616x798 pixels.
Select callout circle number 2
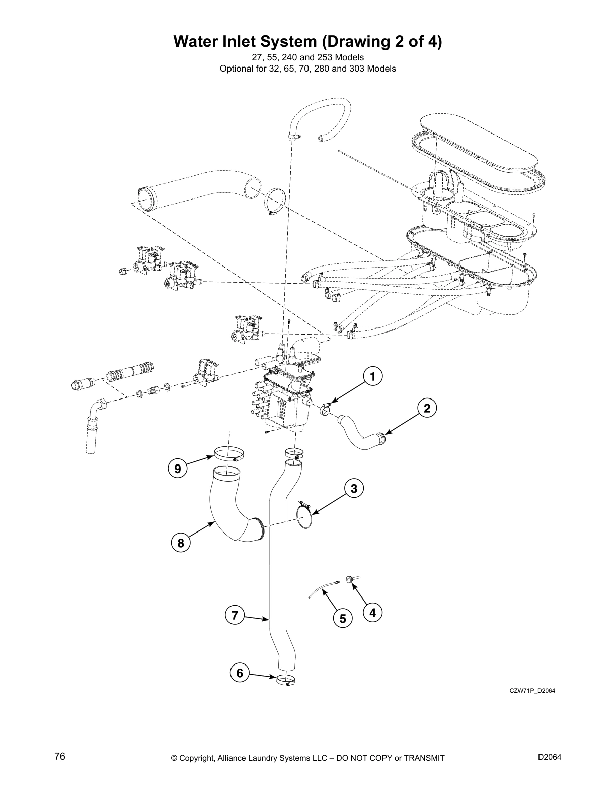[427, 408]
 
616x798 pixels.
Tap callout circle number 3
[354, 488]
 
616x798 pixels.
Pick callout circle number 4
[372, 613]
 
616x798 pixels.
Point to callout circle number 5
[343, 618]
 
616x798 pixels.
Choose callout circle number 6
[240, 673]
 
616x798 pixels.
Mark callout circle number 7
[235, 615]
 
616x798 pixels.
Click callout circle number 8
[180, 543]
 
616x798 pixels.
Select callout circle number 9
[178, 469]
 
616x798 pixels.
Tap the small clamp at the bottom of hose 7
[285, 680]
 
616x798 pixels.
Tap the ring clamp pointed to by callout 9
[229, 453]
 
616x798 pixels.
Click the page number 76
[60, 757]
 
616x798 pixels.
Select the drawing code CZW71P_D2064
[531, 691]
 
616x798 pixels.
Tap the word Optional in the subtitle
[237, 69]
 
